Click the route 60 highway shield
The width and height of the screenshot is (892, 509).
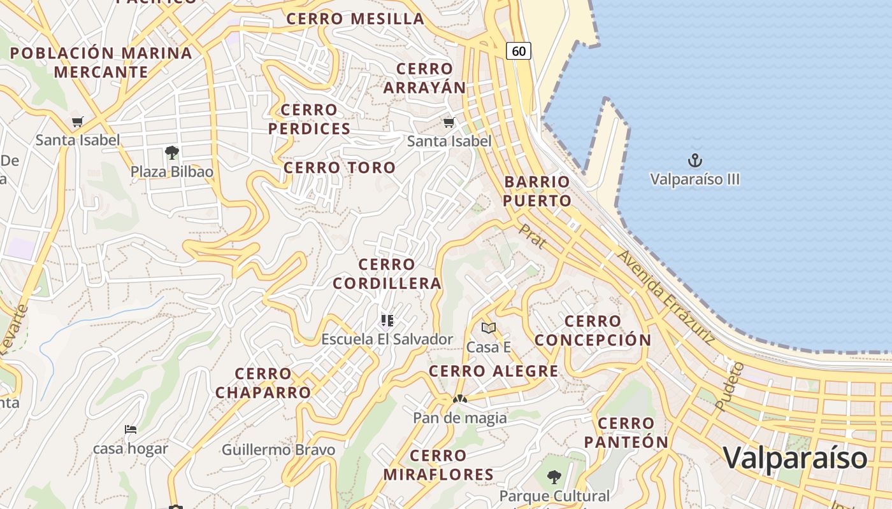519,50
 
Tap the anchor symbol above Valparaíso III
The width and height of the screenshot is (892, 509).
695,160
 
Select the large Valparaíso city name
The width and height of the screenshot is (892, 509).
795,457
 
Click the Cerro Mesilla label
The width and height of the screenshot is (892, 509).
356,18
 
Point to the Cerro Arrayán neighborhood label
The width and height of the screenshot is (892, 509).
424,78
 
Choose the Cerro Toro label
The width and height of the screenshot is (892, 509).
340,168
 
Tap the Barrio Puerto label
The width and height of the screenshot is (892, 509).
537,191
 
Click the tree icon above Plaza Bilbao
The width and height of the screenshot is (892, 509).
171,152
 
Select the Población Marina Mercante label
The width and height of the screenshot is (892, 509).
101,62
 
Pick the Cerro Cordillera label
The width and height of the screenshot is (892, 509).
387,274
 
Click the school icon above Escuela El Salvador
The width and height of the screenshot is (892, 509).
387,320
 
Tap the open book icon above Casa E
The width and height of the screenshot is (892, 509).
489,328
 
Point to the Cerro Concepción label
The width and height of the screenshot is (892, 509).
593,330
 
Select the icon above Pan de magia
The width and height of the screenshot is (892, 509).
459,399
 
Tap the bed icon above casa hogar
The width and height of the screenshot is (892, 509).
131,429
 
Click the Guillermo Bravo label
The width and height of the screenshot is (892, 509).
278,450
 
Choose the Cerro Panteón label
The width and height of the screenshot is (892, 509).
626,432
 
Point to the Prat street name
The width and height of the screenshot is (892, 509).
532,235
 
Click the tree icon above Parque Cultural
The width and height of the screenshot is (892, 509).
554,477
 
